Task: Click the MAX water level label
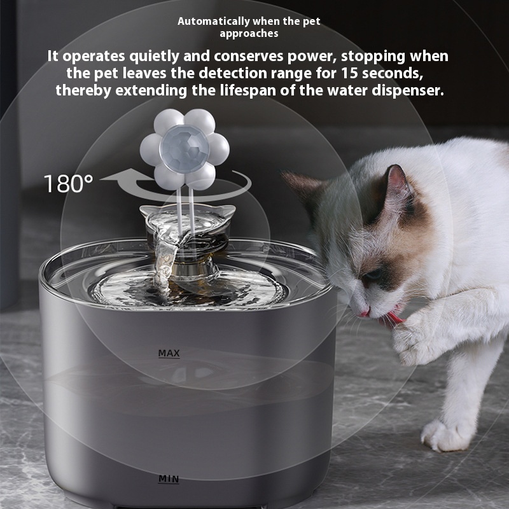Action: tap(169, 353)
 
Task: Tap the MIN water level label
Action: tap(169, 479)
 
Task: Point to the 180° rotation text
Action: tap(69, 183)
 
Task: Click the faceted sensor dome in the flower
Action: tap(185, 149)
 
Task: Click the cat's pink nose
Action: tap(363, 313)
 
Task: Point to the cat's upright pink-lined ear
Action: tap(396, 185)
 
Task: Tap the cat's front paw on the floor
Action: tap(447, 435)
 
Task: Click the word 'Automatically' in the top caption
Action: tap(213, 22)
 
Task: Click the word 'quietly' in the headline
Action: tap(154, 57)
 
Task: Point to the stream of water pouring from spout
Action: tap(165, 260)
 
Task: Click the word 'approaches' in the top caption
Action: tap(249, 34)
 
